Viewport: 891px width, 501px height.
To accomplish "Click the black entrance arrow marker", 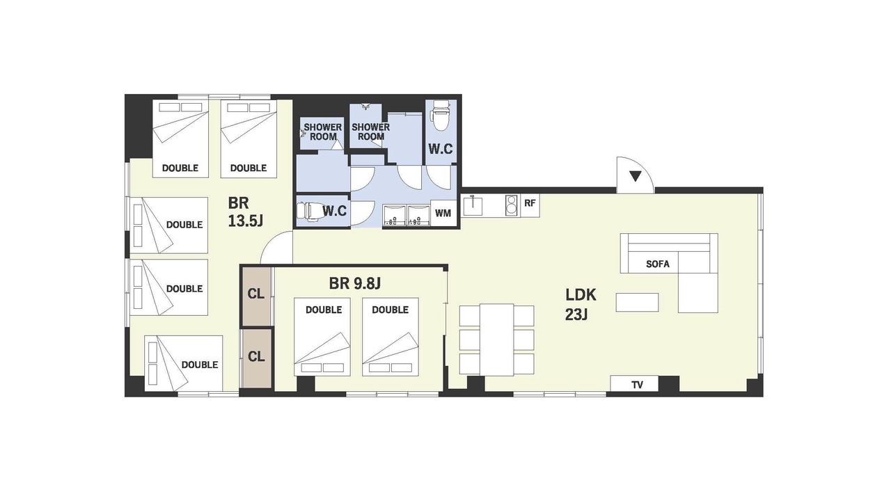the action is click(x=636, y=176).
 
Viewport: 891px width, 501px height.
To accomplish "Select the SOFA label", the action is click(x=658, y=264).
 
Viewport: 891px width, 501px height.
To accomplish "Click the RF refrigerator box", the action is click(x=530, y=203).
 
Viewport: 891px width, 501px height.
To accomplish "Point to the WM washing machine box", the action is click(x=443, y=213).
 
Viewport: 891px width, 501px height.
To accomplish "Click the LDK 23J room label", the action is click(x=581, y=305).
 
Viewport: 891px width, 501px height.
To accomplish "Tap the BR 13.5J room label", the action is click(x=245, y=212).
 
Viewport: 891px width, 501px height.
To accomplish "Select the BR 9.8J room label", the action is click(x=355, y=283).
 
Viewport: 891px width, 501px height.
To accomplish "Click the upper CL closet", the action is click(x=256, y=297).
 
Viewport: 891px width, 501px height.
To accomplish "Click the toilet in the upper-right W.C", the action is click(x=441, y=115).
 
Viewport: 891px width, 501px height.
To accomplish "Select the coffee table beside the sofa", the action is click(x=637, y=302).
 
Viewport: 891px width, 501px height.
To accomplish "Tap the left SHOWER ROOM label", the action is click(x=322, y=132).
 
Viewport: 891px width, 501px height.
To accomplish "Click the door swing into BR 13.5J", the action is click(x=276, y=247).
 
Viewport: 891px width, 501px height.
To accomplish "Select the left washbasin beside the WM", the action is click(x=394, y=216).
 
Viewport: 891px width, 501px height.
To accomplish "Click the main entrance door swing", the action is click(x=636, y=175).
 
